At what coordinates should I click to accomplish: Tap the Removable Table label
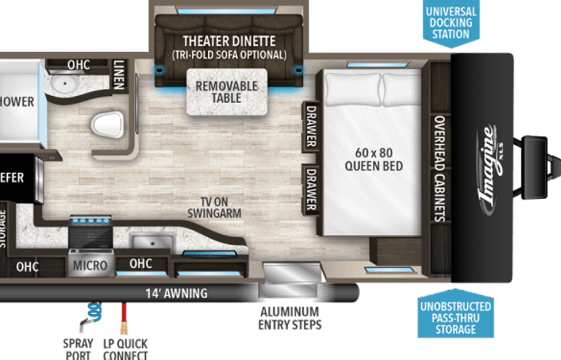coord(226,92)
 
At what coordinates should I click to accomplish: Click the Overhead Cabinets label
coord(440,169)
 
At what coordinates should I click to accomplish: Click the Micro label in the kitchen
coord(89,266)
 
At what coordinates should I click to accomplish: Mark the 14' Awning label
coord(177,292)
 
